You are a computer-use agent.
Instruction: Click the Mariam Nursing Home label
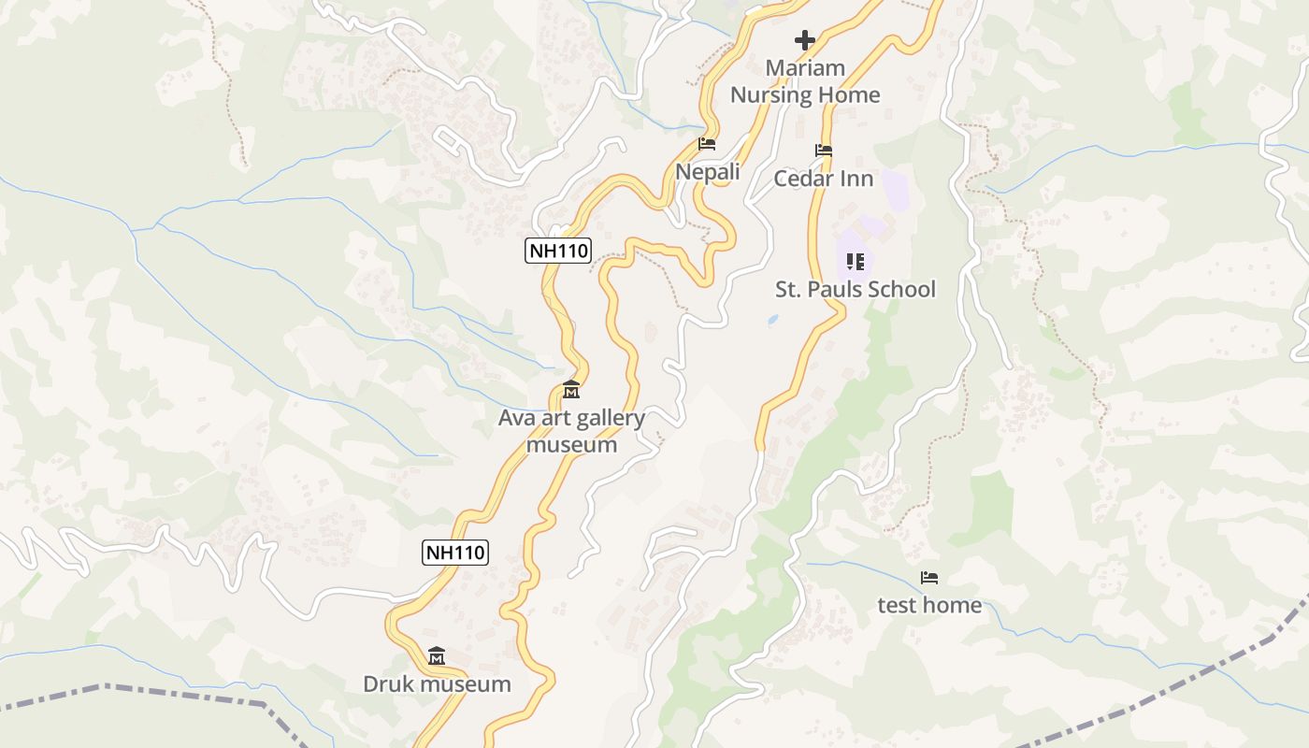[x=805, y=81]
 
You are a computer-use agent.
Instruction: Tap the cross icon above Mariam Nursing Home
[x=805, y=40]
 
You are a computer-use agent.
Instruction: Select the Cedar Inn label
[x=824, y=179]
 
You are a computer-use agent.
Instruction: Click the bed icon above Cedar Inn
[x=824, y=150]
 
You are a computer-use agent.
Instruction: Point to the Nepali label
[x=708, y=172]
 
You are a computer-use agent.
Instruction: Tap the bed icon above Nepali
[x=707, y=144]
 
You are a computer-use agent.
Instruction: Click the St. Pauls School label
[x=856, y=289]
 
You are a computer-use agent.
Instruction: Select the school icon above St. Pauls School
[x=856, y=262]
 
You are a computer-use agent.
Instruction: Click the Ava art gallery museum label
[x=571, y=431]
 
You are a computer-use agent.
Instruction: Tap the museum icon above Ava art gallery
[x=571, y=389]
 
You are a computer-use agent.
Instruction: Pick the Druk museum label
[x=437, y=683]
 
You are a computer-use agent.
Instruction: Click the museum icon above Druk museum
[x=437, y=656]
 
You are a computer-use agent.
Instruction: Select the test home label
[x=929, y=605]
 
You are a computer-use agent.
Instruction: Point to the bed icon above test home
[x=929, y=578]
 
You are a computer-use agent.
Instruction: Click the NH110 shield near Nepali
[x=559, y=251]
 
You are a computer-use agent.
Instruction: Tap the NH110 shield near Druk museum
[x=456, y=553]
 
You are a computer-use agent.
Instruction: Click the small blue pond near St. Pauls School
[x=773, y=320]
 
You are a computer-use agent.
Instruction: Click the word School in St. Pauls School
[x=900, y=289]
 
